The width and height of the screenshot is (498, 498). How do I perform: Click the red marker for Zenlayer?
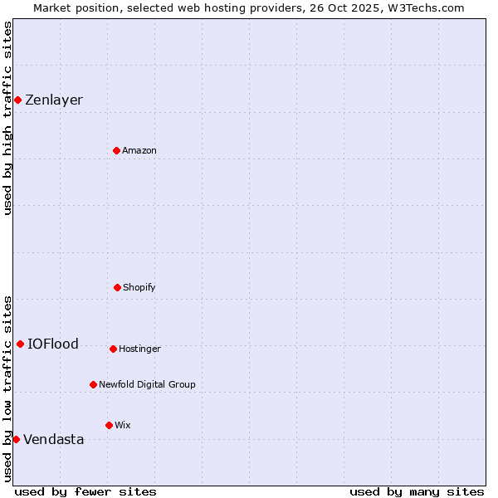tap(17, 100)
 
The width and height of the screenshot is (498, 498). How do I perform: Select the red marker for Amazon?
tap(116, 150)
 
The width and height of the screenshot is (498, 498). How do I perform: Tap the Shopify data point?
tap(117, 287)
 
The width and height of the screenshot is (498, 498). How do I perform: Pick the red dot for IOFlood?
tap(20, 344)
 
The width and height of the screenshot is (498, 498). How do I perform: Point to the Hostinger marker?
tap(113, 349)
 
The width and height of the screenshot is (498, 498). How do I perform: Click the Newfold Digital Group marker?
tap(93, 384)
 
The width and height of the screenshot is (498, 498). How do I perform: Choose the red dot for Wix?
tap(109, 425)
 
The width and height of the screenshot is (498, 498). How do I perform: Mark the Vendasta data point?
tap(16, 439)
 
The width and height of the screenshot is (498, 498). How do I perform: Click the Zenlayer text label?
tap(54, 100)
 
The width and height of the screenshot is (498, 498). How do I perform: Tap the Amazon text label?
tap(139, 151)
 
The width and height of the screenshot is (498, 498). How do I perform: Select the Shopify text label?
tap(139, 288)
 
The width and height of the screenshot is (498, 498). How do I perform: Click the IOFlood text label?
tap(53, 344)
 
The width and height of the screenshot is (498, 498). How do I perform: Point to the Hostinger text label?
tap(139, 349)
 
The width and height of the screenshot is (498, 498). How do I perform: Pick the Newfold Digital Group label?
tap(147, 385)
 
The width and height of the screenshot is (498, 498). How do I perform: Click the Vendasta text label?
tap(54, 440)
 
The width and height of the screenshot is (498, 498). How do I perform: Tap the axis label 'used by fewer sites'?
tap(85, 492)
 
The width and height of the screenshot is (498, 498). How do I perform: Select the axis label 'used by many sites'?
tap(417, 492)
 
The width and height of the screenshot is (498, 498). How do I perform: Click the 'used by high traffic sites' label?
tap(7, 118)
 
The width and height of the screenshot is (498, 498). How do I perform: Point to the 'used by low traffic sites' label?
tap(7, 388)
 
